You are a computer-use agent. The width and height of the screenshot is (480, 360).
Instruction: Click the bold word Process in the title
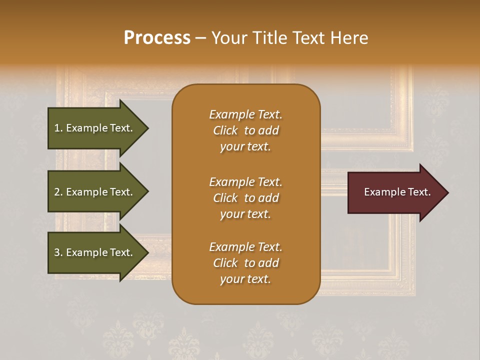point(157,38)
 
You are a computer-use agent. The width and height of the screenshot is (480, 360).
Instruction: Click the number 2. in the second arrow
point(58,192)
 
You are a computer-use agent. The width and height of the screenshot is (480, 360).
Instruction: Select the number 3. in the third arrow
point(58,252)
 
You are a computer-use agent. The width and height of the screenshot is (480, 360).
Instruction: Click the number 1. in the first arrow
point(58,128)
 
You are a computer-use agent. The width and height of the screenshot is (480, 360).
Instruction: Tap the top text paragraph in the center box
point(245,130)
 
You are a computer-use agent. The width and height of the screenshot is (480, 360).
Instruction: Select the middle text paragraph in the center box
point(245,198)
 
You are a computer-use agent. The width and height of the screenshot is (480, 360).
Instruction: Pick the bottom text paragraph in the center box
point(245,263)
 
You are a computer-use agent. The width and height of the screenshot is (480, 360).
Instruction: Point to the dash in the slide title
point(200,38)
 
